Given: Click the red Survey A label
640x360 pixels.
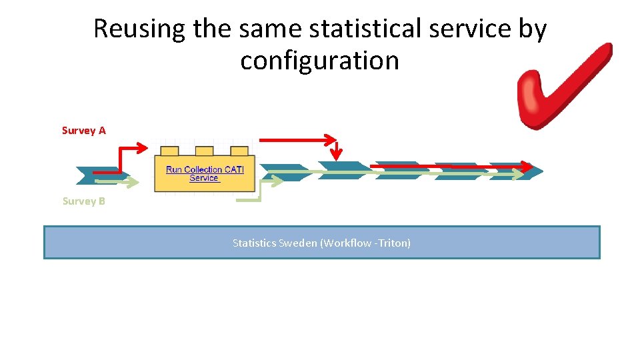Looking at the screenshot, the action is (83, 131).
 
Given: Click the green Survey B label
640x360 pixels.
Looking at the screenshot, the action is (83, 201).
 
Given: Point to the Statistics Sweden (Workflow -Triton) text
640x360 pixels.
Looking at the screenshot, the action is (321, 243).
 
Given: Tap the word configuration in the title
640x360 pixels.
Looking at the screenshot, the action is (319, 61).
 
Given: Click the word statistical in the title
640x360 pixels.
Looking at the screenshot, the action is (361, 29).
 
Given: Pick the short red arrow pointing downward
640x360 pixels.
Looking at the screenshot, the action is (337, 151).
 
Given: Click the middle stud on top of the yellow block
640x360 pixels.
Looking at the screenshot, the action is (204, 151).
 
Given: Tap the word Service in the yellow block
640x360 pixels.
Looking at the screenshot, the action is (204, 178).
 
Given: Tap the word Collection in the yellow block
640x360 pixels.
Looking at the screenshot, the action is (203, 169).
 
